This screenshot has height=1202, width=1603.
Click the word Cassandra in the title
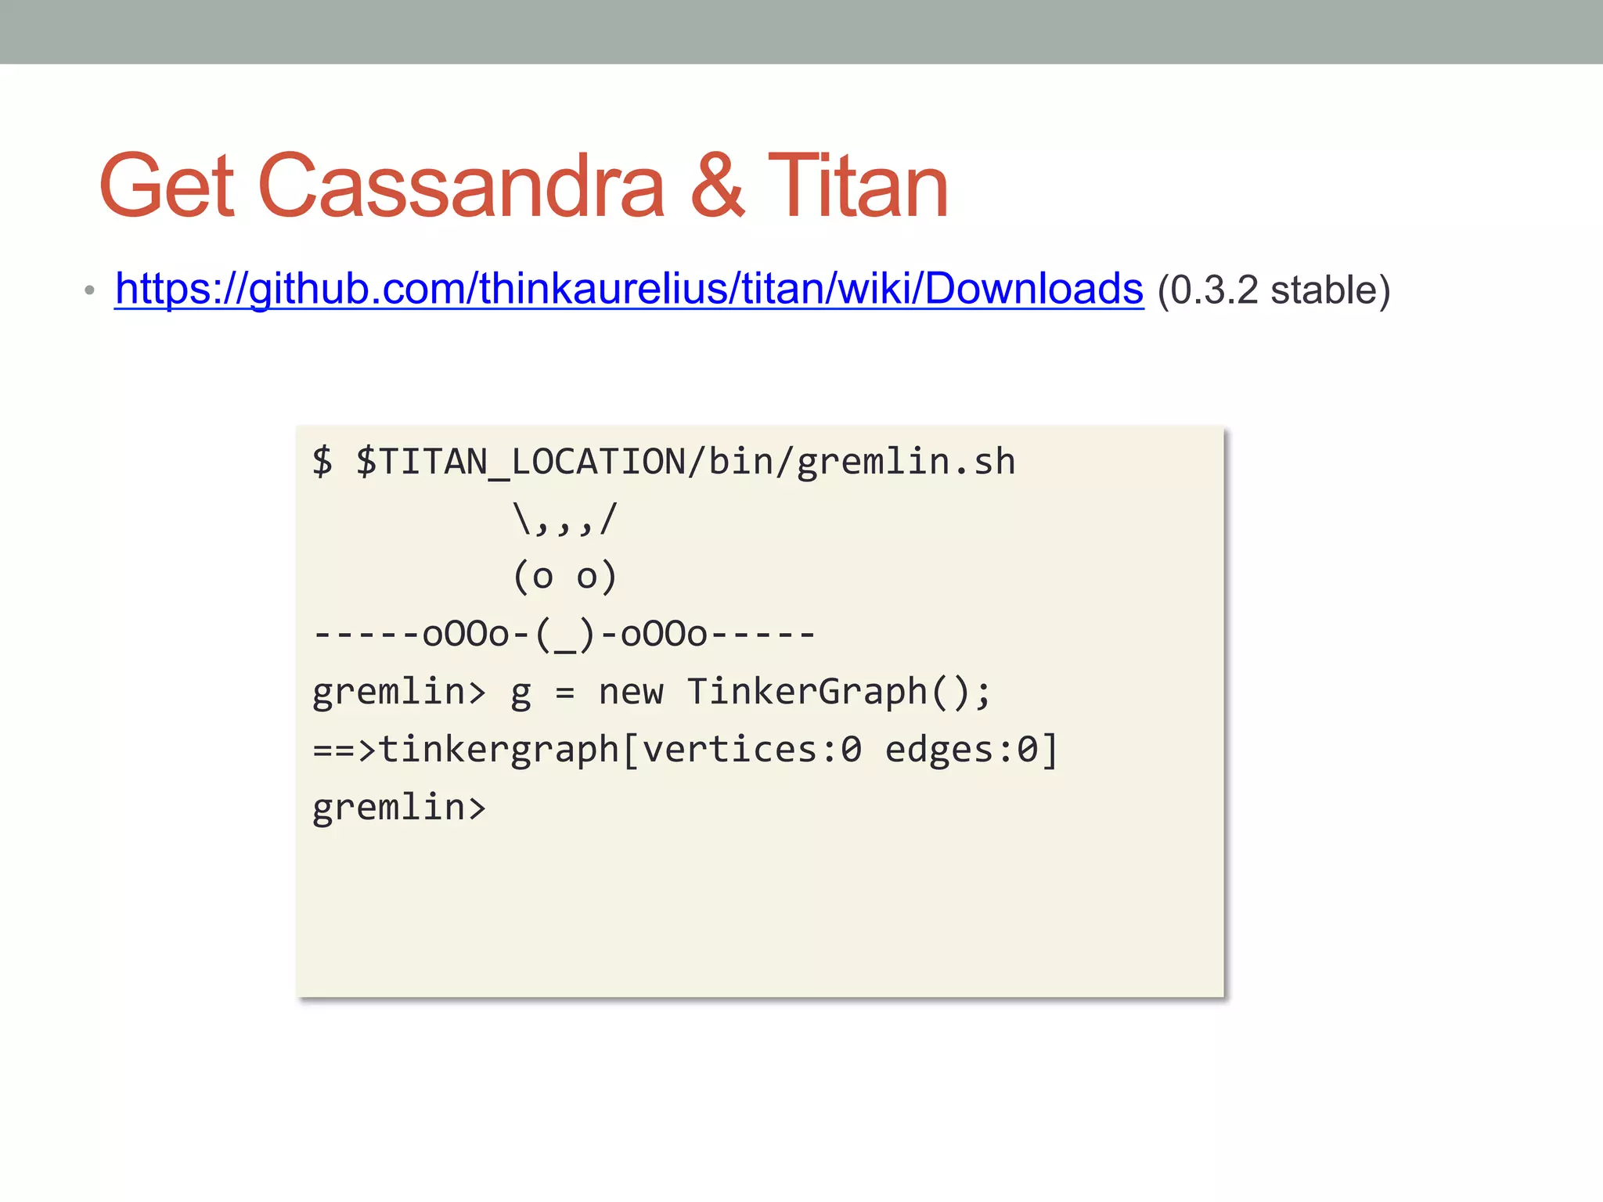coord(461,187)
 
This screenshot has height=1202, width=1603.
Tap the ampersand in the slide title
coord(717,187)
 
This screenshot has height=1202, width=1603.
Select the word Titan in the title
coord(858,187)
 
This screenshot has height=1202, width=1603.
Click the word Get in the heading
coord(167,187)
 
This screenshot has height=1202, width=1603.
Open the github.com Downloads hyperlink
coord(629,289)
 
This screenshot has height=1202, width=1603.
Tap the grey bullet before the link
coord(89,291)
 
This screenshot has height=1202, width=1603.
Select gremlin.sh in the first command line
coord(906,462)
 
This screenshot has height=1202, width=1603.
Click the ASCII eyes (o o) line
coord(565,577)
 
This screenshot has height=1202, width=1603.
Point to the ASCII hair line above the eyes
coord(565,519)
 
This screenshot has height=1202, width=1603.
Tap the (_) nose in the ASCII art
coord(565,635)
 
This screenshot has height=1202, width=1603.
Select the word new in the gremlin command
coord(631,692)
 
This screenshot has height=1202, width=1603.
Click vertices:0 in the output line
coord(751,750)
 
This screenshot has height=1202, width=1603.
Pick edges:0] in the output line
coord(971,750)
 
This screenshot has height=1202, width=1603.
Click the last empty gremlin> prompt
coord(399,807)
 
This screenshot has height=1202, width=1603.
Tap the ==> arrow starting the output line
coord(344,750)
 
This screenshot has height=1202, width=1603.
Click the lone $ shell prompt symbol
coord(322,462)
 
